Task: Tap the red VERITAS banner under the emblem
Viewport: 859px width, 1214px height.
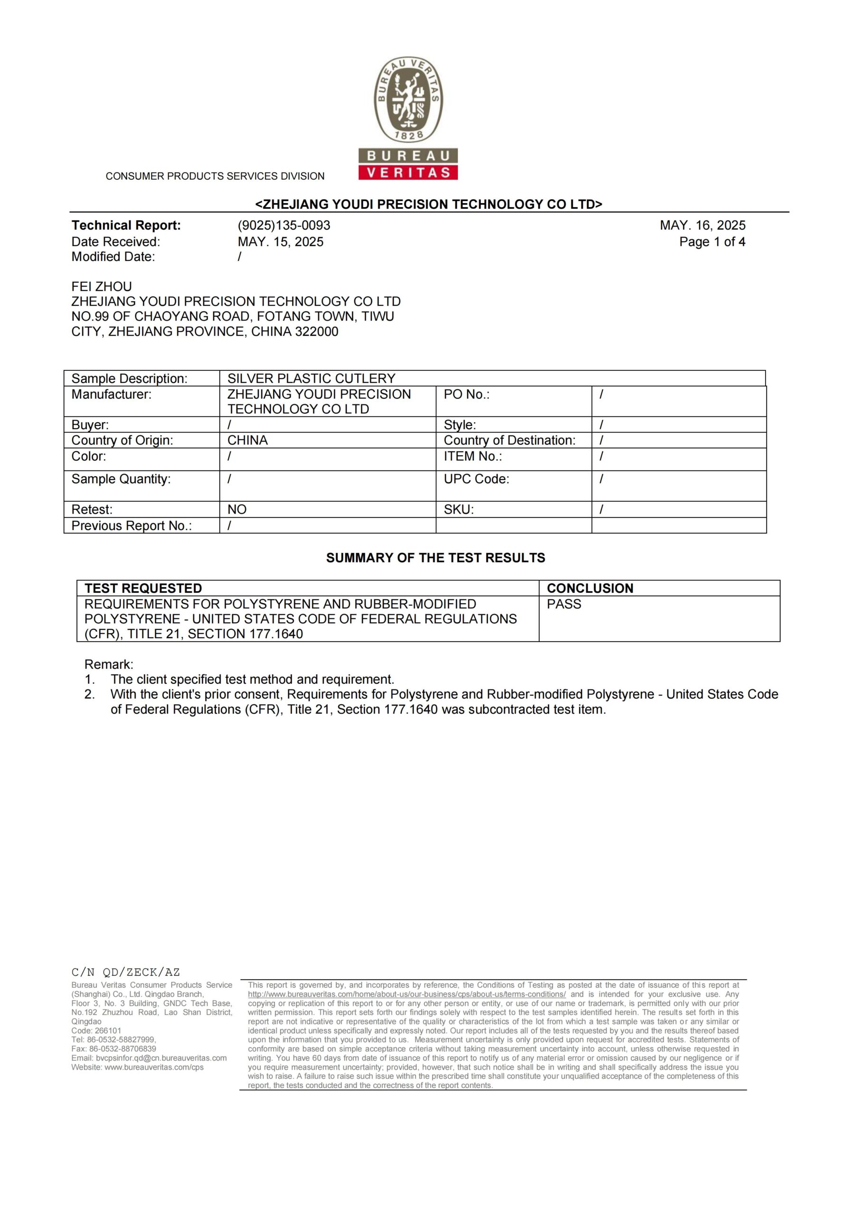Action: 408,172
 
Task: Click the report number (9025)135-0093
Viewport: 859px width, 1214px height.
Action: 284,225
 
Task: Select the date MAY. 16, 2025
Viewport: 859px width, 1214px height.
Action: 702,225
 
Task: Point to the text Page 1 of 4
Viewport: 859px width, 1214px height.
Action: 712,242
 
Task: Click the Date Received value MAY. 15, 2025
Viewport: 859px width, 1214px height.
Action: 280,242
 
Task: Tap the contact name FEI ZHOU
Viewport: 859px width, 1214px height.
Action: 102,286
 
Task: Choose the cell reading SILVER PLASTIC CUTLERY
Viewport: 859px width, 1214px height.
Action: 311,378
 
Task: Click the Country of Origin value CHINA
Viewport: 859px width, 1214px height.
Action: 248,441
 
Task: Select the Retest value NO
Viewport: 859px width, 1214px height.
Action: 237,509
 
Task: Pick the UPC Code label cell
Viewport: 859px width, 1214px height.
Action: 476,479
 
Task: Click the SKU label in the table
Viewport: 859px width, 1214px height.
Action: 459,509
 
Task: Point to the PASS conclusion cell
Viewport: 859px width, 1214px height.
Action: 564,604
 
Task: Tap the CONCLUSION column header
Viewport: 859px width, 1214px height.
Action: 590,589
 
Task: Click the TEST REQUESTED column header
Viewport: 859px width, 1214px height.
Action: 143,589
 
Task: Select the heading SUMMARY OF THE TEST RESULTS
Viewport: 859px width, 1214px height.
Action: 435,558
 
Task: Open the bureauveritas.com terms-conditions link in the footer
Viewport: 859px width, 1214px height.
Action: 406,994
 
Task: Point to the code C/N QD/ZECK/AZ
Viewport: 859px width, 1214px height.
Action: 126,972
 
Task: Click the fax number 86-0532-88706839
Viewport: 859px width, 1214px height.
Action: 122,1048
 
